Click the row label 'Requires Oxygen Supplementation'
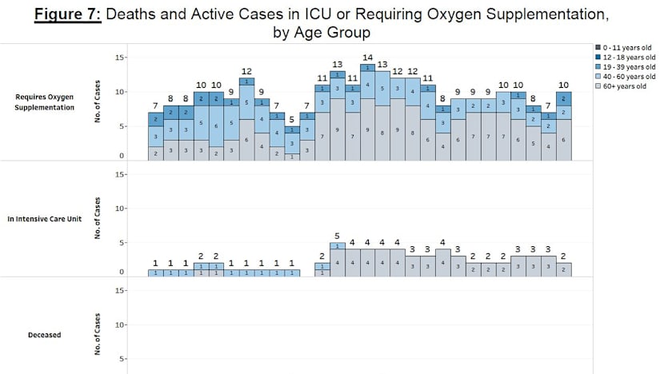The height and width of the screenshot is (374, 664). (45, 101)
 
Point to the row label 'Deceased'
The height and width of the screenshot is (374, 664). (44, 335)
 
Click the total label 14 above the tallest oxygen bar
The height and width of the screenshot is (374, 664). (368, 58)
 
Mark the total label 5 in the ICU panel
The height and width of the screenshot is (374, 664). (338, 235)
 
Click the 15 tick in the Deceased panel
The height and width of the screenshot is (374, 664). (118, 291)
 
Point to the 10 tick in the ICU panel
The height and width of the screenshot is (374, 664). (118, 209)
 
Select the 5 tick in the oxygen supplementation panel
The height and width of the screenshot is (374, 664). (120, 126)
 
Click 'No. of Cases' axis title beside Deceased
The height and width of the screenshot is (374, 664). (98, 335)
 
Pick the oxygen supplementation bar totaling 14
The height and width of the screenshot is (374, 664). (368, 112)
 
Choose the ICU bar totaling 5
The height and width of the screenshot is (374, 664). (338, 259)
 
